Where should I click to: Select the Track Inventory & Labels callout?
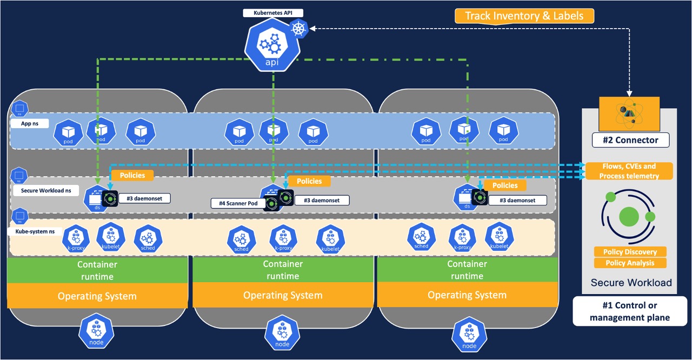(524, 16)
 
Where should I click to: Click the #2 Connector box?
(630, 140)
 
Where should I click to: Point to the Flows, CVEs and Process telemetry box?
(629, 171)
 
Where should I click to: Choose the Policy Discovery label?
(630, 252)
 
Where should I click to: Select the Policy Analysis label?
(630, 263)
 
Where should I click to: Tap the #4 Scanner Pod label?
(237, 204)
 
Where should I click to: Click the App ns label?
(30, 124)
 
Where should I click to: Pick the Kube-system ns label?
(31, 231)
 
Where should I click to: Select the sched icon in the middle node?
(241, 239)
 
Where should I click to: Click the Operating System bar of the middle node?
(283, 296)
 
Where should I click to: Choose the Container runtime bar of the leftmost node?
(97, 270)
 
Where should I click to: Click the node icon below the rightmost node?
(469, 335)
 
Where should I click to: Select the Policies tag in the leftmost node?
(132, 175)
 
